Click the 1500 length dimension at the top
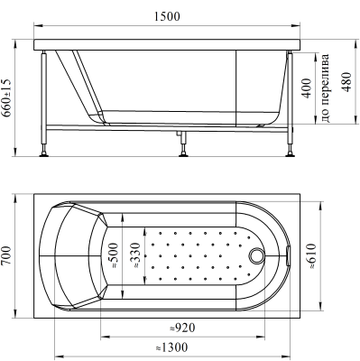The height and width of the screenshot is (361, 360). point(167,16)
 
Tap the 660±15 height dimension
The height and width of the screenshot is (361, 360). point(6,97)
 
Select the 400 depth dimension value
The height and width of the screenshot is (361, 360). point(307,88)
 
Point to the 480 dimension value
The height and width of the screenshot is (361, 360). point(346,82)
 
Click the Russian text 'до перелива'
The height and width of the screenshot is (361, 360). point(326,88)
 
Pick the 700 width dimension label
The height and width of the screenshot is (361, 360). point(6,255)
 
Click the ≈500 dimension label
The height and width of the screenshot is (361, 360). point(115,255)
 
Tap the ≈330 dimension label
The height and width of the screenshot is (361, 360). point(136,255)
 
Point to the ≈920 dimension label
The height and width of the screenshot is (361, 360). point(182,328)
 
